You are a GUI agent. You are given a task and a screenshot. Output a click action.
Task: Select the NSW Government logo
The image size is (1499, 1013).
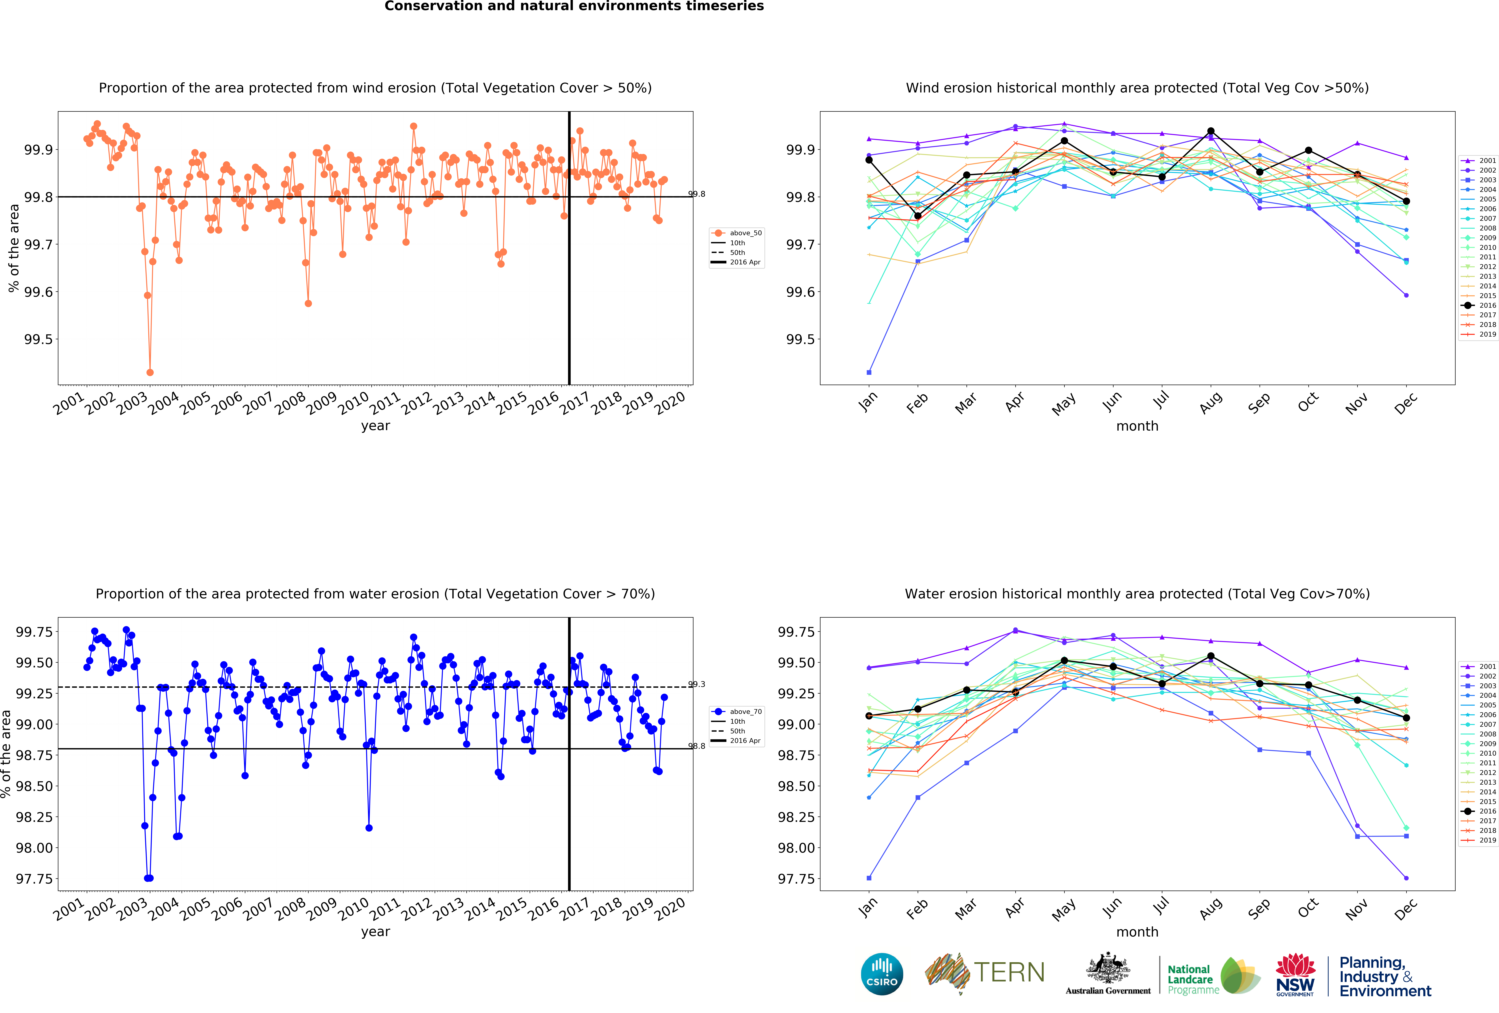point(1295,975)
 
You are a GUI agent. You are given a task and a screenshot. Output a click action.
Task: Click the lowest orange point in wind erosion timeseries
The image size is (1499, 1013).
point(150,372)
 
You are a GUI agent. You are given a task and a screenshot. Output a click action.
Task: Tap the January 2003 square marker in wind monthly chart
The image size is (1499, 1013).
point(869,372)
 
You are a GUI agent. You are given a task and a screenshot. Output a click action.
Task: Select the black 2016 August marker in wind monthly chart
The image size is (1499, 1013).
point(1211,131)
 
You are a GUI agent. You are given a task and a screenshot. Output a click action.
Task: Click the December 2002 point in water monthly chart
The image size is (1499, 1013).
point(1406,878)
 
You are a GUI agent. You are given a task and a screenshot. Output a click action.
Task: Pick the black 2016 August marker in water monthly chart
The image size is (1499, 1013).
point(1211,656)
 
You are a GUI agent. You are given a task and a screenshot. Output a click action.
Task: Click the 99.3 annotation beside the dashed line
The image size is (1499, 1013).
point(697,684)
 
